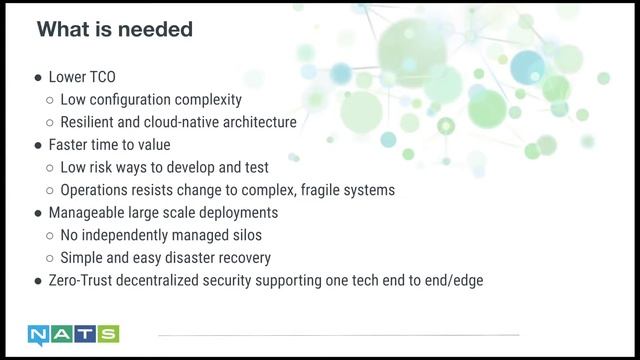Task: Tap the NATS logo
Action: coord(74,334)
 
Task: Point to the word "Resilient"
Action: coord(89,123)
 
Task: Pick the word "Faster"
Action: coord(70,145)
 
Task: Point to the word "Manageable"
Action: coord(87,213)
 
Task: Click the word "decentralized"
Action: coord(169,280)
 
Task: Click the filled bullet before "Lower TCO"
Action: coord(38,78)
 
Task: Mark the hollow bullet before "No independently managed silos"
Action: coord(50,236)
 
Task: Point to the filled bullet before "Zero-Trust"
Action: coord(38,281)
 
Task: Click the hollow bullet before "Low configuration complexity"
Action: coord(50,101)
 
